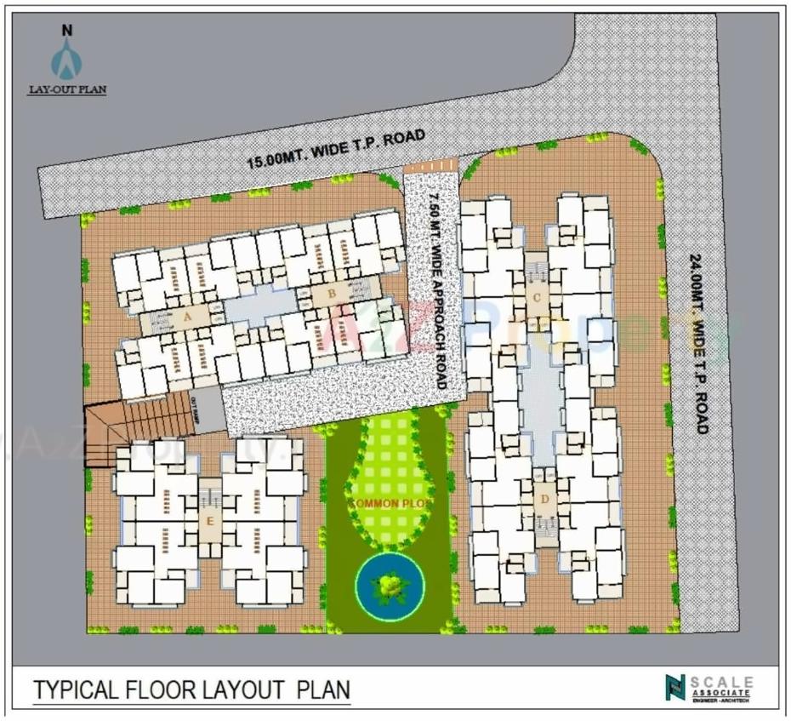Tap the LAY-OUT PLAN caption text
[67, 89]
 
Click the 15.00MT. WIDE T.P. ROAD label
[335, 150]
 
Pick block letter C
[537, 297]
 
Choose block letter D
[544, 500]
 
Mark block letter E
[209, 521]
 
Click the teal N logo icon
[675, 687]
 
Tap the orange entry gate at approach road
[430, 165]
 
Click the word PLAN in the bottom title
[322, 689]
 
